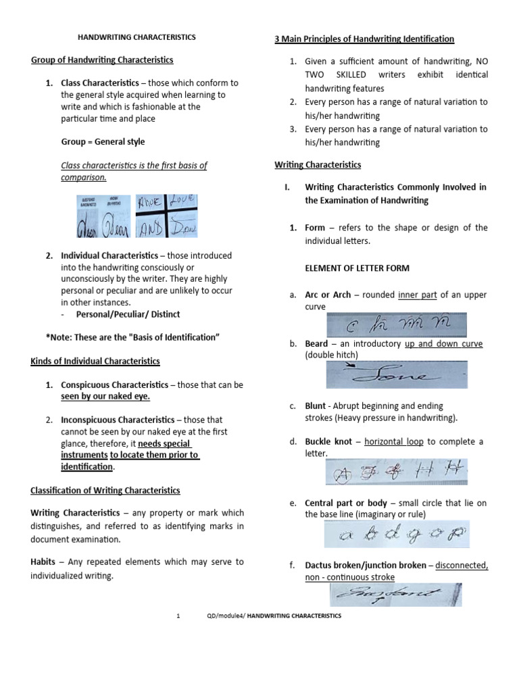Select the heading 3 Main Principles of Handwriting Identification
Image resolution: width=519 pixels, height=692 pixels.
(364, 39)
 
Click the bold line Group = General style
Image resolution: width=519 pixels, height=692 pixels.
(103, 142)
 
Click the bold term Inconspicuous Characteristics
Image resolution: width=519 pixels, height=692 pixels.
(119, 420)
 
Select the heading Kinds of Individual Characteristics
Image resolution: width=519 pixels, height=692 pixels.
(95, 362)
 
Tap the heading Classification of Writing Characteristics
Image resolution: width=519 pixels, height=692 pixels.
(105, 490)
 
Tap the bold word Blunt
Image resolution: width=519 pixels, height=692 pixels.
(316, 405)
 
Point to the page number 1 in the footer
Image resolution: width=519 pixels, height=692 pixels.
(177, 616)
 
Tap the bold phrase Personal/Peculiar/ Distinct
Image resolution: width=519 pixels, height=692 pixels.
(128, 314)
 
